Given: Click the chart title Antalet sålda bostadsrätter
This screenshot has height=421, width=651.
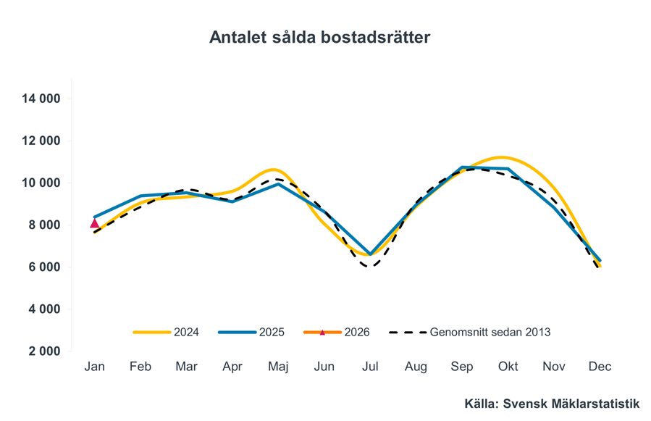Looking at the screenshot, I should pos(319,37).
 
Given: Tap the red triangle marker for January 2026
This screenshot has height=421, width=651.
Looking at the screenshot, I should pos(94,223).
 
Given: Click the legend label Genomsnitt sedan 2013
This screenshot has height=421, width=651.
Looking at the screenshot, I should pos(471,333).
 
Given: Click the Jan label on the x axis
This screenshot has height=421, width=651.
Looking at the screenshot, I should pos(94,367).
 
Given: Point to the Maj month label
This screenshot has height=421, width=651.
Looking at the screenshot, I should pos(278,367).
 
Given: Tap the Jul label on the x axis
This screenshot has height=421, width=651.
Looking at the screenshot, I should pos(370,367).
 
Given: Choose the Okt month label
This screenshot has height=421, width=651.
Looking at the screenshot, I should pos(508,367).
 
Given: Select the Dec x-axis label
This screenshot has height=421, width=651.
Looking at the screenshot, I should pos(600,367).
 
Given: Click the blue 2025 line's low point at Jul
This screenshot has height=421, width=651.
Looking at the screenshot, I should pos(370,254).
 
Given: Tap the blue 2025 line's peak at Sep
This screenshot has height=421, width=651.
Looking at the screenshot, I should pos(462,167).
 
